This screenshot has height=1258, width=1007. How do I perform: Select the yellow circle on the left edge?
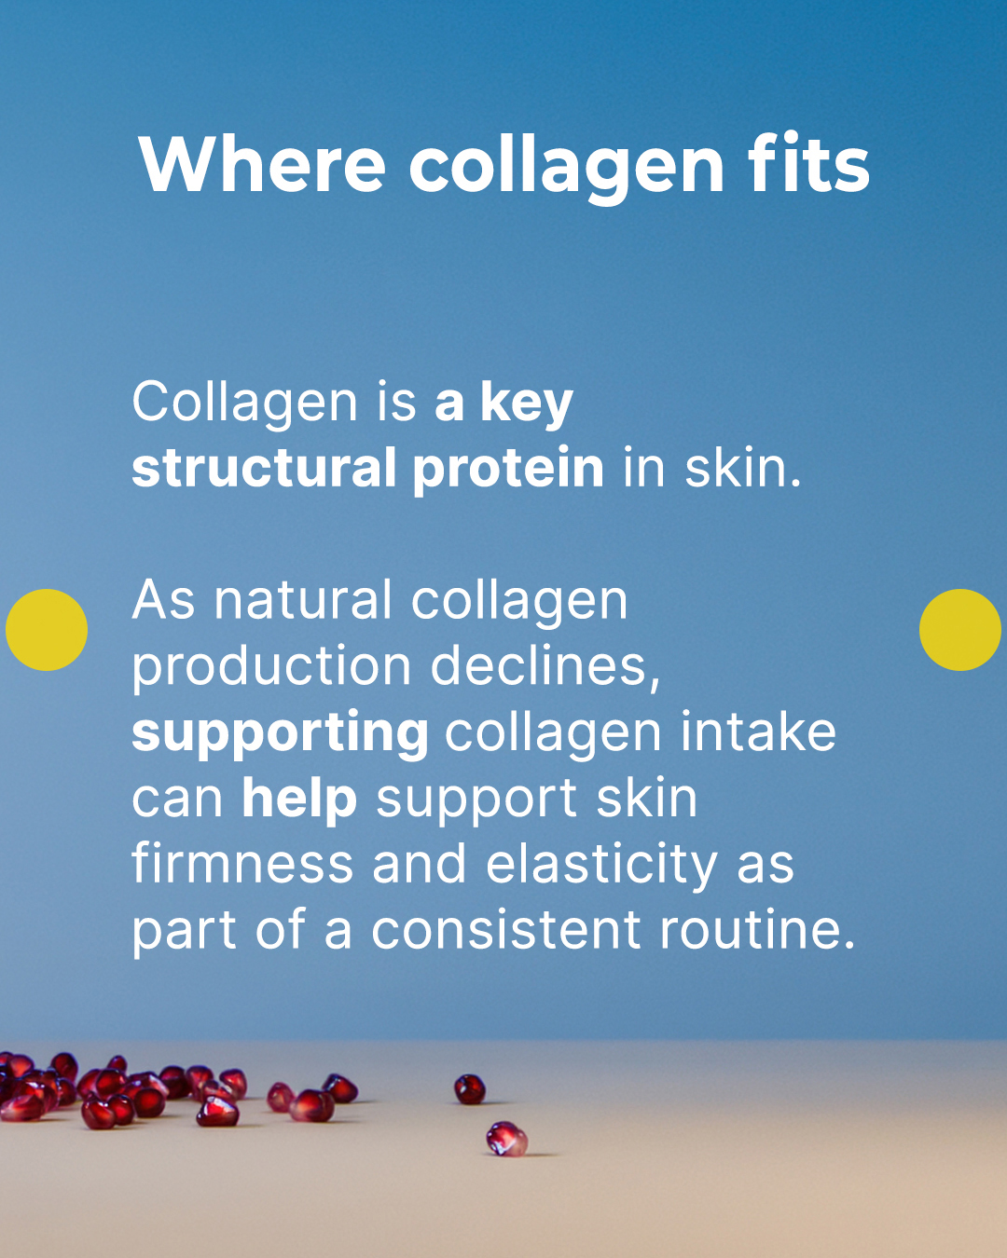click(47, 630)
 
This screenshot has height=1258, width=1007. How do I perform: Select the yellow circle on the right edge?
click(959, 630)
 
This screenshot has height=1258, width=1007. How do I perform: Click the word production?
click(271, 667)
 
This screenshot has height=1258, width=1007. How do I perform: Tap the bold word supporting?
click(281, 734)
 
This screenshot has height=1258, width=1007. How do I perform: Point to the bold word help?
click(299, 800)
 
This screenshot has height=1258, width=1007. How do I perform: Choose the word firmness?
click(242, 864)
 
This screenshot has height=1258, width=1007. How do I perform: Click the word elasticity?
click(601, 866)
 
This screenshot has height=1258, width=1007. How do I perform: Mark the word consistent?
click(506, 931)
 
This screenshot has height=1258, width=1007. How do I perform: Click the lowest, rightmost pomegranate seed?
click(506, 1139)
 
